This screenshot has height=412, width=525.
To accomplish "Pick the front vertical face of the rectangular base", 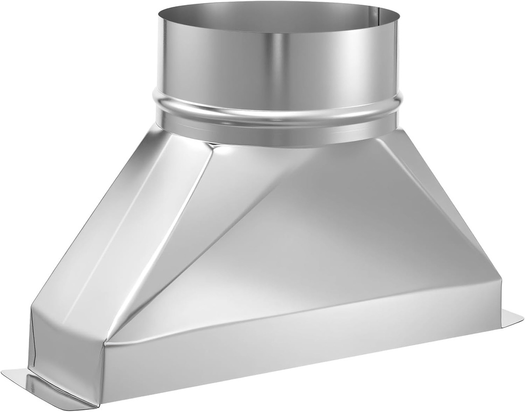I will [x=308, y=349].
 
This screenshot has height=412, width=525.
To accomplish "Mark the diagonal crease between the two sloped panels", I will [x=159, y=241].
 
